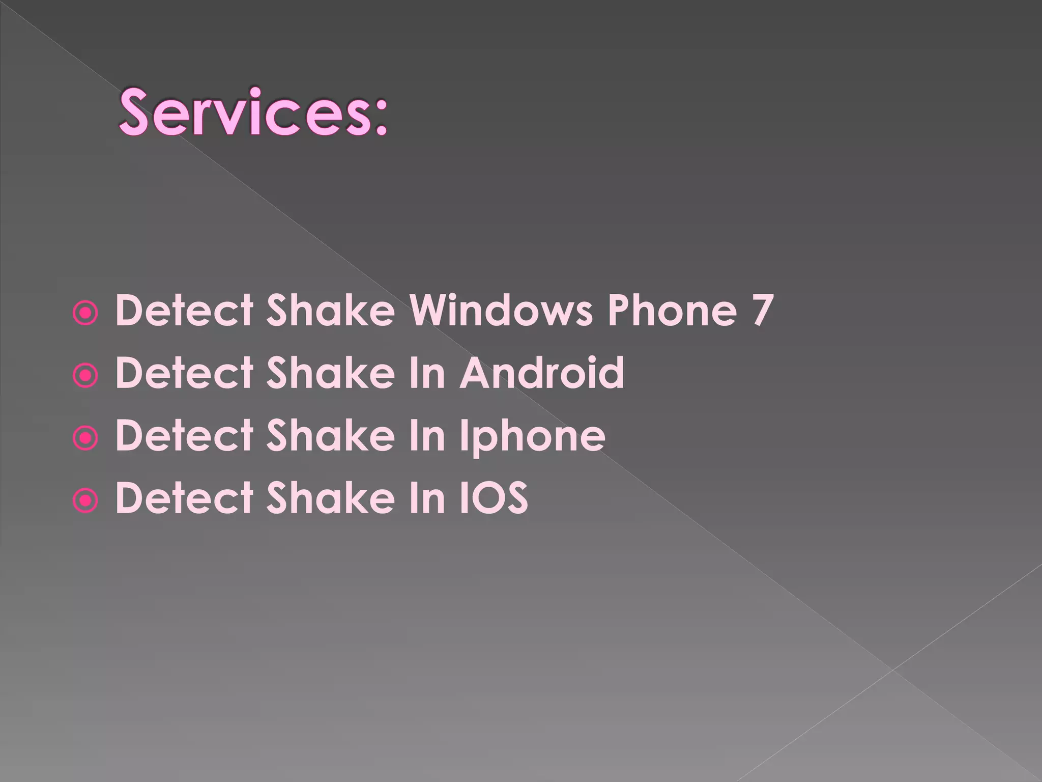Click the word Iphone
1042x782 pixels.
point(532,436)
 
